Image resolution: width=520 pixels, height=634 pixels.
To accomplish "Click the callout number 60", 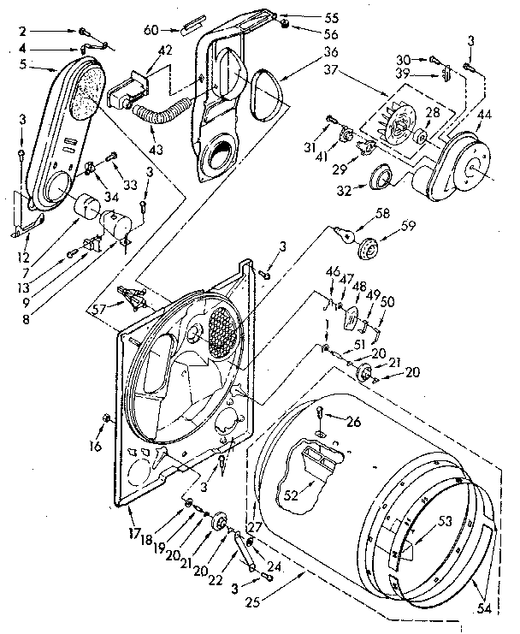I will (x=151, y=29).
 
